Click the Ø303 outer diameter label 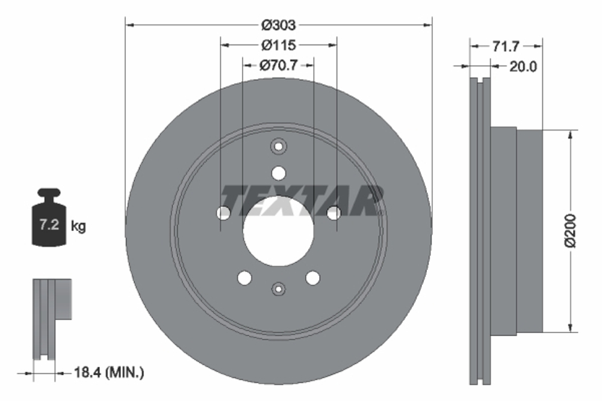click(278, 25)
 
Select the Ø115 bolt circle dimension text click(278, 45)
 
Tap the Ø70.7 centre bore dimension click(278, 65)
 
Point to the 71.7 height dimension click(506, 46)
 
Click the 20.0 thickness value click(523, 67)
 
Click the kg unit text click(78, 226)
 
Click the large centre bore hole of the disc click(278, 231)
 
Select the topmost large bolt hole click(278, 173)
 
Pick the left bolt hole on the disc click(223, 212)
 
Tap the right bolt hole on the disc click(334, 212)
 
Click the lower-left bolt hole click(244, 278)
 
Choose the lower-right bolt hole click(312, 278)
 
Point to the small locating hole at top click(278, 146)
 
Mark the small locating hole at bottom click(278, 289)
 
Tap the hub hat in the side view click(518, 230)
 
